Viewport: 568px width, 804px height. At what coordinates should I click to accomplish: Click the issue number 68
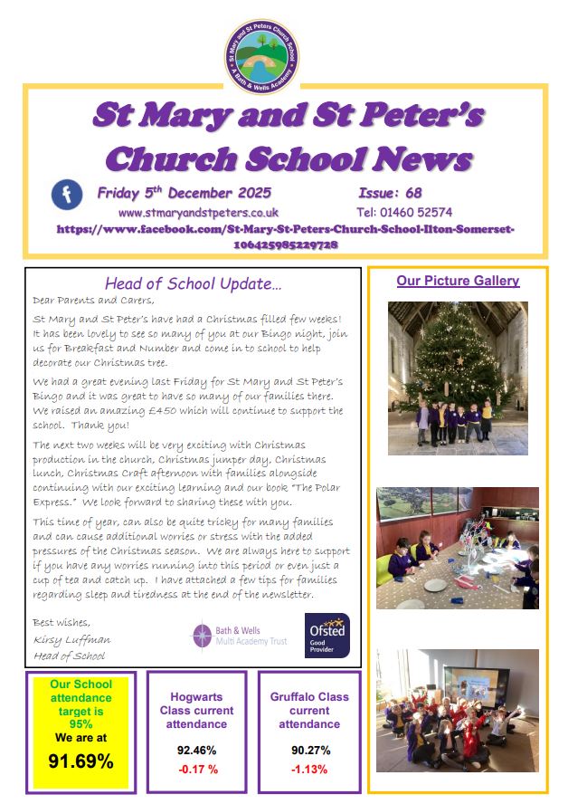click(x=413, y=193)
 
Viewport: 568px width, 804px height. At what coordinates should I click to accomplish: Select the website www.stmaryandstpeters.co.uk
click(x=198, y=212)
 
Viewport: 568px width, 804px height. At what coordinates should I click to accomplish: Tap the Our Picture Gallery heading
click(x=458, y=281)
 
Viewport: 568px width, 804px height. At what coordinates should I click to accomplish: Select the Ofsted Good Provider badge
click(x=327, y=635)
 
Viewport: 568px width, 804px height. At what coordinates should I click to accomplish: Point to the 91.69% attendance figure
click(x=80, y=761)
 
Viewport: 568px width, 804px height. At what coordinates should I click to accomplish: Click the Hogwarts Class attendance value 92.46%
click(x=196, y=751)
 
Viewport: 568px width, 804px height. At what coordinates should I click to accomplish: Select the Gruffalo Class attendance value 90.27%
click(x=308, y=751)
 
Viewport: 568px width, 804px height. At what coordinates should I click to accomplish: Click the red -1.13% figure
click(x=308, y=770)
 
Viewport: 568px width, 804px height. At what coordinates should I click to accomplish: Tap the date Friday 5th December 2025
click(x=184, y=193)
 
